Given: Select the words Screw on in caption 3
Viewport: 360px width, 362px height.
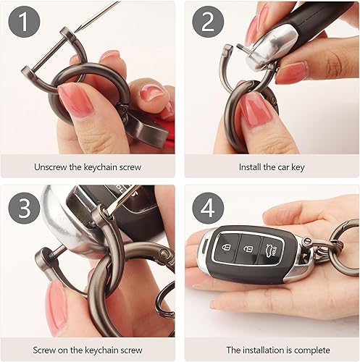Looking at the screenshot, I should coord(51,350).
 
